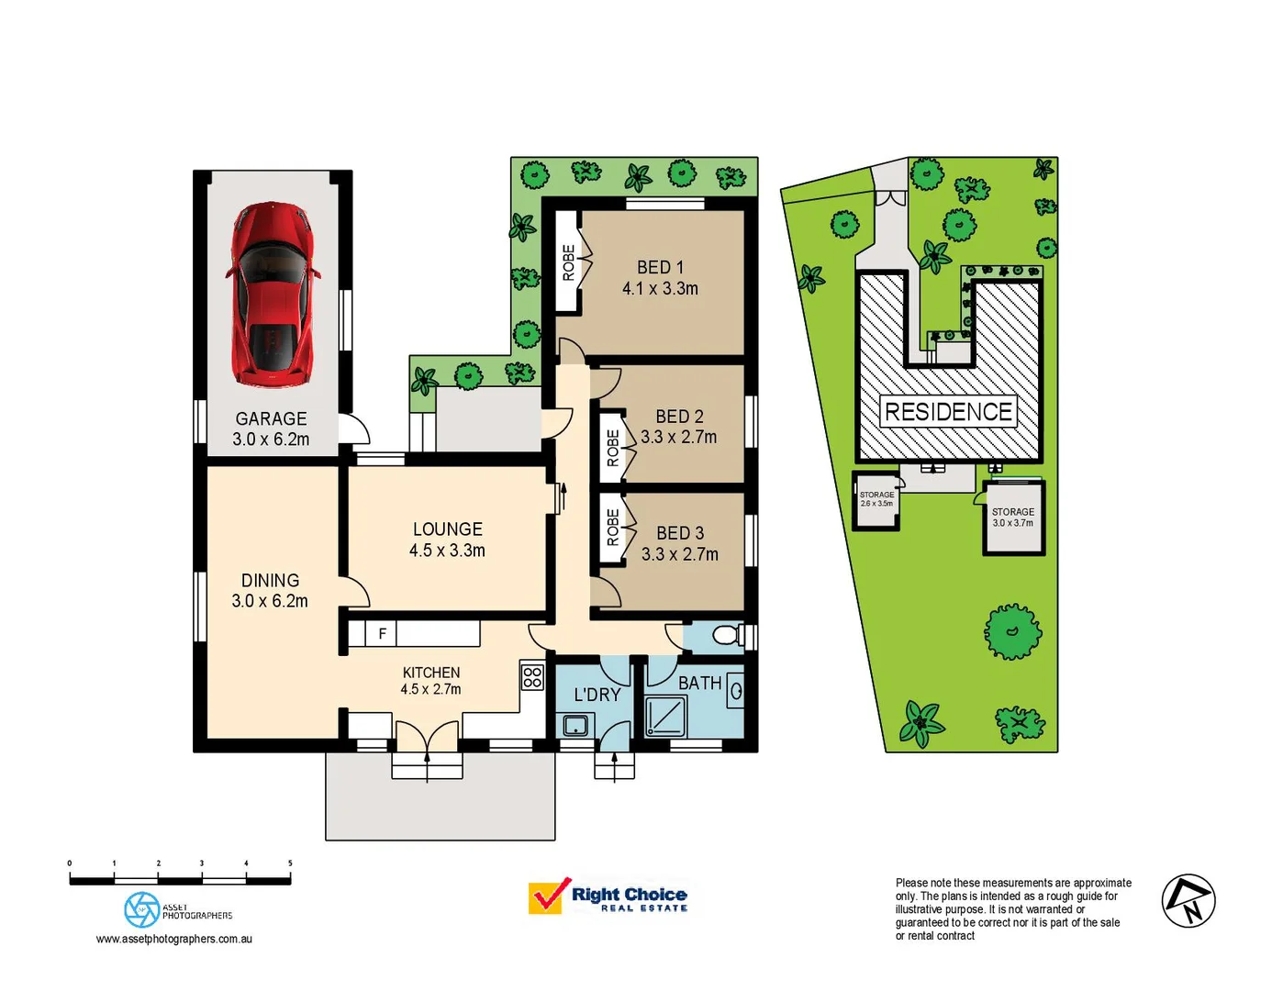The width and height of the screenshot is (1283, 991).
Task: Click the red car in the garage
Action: pos(272,294)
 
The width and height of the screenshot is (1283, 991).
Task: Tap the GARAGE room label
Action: pos(271,418)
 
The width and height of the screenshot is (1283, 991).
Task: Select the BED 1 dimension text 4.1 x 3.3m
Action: pos(660,289)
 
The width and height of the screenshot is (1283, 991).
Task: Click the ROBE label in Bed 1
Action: pos(568,262)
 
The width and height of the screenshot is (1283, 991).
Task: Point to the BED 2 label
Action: pos(679,417)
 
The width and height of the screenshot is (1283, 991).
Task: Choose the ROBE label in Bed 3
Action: pos(612,528)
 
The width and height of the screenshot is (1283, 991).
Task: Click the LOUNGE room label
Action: pos(447,529)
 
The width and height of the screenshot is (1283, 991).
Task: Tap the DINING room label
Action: pos(270,581)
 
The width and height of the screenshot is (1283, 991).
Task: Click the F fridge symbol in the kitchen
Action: pos(382,634)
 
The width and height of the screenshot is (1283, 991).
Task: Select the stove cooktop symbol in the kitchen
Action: pos(532,677)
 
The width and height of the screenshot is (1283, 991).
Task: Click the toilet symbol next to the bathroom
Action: pos(727,635)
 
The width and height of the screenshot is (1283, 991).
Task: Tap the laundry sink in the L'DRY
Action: pos(575,726)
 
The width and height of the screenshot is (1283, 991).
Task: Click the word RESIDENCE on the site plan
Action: pos(948,412)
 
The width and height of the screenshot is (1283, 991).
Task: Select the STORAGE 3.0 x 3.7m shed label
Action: pos(1012,518)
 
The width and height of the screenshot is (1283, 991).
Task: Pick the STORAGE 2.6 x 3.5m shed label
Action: pos(876,499)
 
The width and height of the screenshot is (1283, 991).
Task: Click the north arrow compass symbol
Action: pos(1188,901)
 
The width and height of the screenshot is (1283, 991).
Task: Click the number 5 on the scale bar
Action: pos(290,863)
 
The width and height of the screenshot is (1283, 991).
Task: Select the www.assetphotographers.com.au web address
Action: pos(174,939)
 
